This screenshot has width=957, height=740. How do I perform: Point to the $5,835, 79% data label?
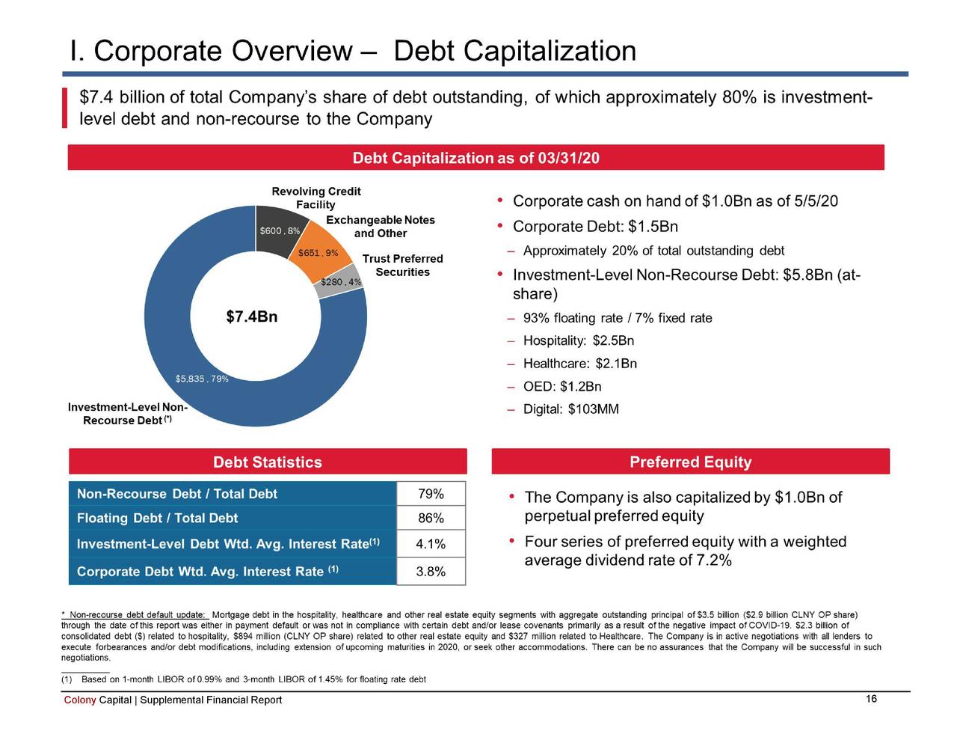pos(201,379)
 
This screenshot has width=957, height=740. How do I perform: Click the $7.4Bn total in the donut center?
pos(252,317)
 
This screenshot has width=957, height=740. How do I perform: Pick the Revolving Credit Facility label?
pos(316,198)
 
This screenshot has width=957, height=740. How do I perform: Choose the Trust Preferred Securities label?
pos(402,266)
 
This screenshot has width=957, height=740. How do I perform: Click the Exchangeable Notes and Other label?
pos(380,227)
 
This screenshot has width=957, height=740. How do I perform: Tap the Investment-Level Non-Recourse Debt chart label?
pos(127,414)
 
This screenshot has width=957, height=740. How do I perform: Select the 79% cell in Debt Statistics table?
pos(431,494)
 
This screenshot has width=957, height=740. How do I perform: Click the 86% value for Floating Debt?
pos(431,519)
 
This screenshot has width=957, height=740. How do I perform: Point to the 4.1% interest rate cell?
pos(431,544)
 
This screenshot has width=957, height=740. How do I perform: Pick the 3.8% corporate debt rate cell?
pos(431,572)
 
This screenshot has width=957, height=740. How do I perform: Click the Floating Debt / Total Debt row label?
pos(157,519)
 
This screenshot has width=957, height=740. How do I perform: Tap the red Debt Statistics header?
pos(268,462)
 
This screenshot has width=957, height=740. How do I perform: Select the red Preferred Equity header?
pos(690,462)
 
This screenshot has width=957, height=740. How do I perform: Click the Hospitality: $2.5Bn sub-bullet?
pos(578,341)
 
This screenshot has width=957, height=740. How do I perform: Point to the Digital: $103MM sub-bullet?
pos(570,409)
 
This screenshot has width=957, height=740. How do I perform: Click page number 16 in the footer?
pos(871,699)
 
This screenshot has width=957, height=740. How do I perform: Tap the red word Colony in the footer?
pos(80,700)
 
